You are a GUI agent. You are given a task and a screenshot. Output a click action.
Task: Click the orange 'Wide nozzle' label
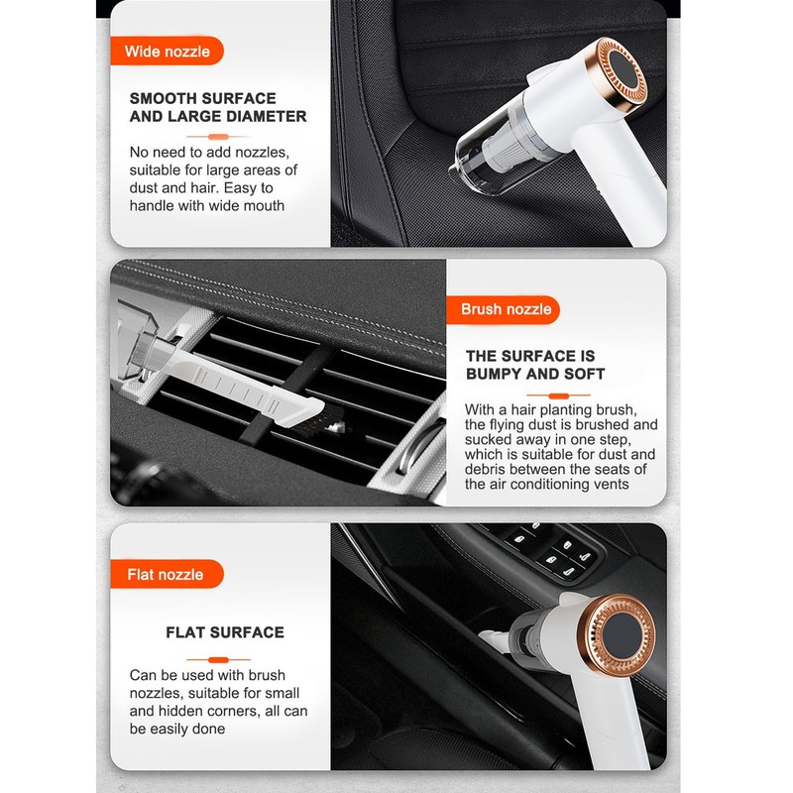coord(167,52)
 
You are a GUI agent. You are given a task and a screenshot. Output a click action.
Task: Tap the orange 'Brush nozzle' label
coord(504,309)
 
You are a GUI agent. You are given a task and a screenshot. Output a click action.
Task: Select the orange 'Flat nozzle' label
coord(167,574)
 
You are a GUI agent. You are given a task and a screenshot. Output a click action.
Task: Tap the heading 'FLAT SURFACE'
coord(225,632)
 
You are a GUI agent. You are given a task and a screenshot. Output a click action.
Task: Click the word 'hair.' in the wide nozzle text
coord(205,188)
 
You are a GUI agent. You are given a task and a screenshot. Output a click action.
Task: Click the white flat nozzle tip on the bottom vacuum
coord(494,639)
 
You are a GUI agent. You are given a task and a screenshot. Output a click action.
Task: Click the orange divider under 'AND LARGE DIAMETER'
coord(218,137)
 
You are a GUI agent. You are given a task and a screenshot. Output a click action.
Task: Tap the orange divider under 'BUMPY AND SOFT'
coord(558,396)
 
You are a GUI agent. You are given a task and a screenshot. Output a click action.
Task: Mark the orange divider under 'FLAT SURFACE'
coord(218,659)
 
